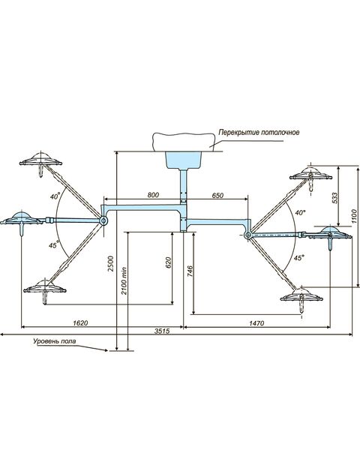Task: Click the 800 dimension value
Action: pos(153,195)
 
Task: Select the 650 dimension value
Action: pos(217,195)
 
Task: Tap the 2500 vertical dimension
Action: pos(111,263)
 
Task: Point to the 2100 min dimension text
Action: pos(124,280)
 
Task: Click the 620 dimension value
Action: pos(168,262)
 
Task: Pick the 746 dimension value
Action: pos(190,271)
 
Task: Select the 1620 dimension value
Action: pos(80,322)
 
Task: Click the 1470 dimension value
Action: pos(256,323)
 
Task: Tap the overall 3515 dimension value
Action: pos(162,331)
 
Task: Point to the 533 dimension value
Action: pos(334,198)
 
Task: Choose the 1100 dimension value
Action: pos(354,217)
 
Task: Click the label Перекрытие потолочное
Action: pos(259,132)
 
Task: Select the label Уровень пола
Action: pos(55,341)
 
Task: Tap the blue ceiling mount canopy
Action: pos(184,160)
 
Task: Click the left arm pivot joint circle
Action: pos(103,220)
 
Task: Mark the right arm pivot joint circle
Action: pos(247,235)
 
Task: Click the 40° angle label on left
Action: pos(55,196)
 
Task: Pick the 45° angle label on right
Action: pos(298,258)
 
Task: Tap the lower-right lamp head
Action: pos(301,298)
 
